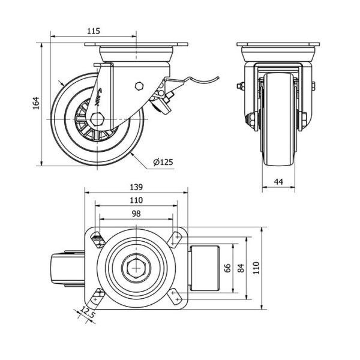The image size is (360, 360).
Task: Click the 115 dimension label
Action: point(93,31)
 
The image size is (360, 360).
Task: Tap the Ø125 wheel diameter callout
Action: point(163,162)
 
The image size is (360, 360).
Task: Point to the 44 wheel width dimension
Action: point(278,180)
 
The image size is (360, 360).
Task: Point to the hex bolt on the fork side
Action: point(140,85)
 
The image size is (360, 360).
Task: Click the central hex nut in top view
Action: point(136,268)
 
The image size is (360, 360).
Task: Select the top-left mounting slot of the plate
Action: point(97,239)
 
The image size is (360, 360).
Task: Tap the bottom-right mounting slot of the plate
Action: point(175,296)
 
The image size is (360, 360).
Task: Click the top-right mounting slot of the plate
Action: point(175,239)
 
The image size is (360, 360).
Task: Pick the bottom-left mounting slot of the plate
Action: point(97,296)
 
